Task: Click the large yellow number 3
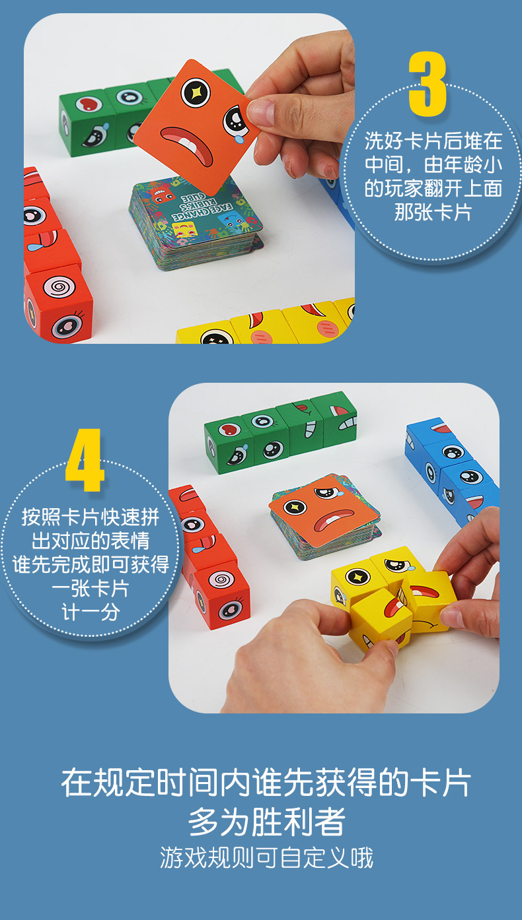coord(428,83)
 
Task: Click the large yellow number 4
coord(85,461)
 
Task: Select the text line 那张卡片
coord(433,213)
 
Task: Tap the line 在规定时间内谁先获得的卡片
coord(266,784)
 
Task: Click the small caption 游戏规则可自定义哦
coord(266,858)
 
